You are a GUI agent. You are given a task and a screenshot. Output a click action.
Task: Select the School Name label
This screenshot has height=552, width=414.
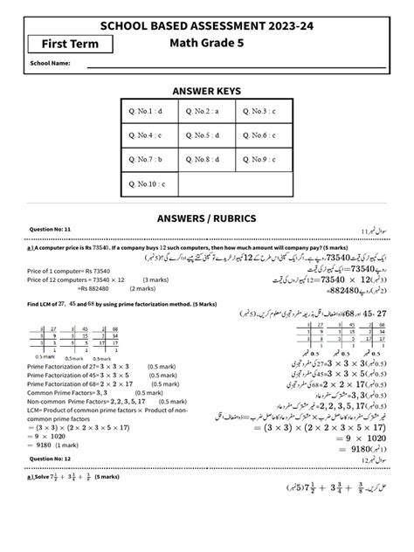50,64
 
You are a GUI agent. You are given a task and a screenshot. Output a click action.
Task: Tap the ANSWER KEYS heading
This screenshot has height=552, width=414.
206,89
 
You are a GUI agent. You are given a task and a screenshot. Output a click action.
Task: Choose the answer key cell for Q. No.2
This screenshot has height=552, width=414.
206,112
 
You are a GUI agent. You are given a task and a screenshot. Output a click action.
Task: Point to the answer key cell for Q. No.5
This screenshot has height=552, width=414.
206,136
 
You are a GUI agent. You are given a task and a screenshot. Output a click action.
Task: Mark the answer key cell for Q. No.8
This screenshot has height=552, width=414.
206,161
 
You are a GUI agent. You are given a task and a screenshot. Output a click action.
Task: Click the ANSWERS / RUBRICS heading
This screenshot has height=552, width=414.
206,217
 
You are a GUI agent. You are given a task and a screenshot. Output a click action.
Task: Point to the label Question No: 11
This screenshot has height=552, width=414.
50,229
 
